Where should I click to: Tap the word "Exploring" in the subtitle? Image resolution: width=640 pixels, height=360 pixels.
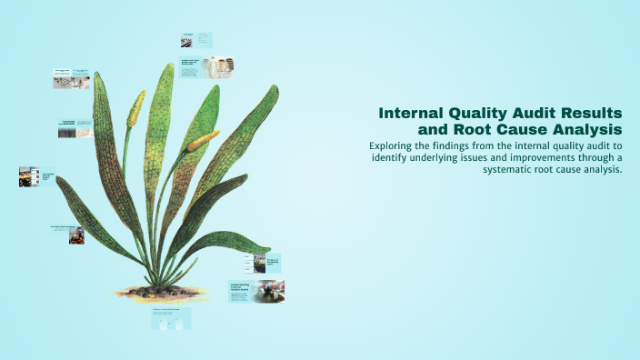(x=396, y=145)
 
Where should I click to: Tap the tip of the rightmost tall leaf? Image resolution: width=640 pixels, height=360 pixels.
(x=275, y=88)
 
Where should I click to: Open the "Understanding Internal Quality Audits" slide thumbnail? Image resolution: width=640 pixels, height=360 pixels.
(x=256, y=292)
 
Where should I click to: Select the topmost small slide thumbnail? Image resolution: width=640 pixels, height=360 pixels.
(x=195, y=40)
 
